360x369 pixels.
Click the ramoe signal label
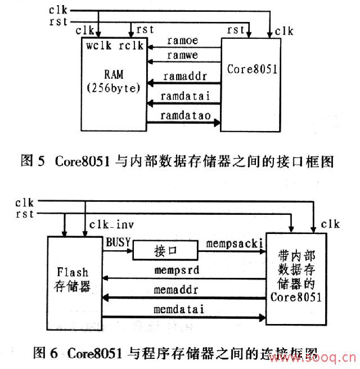181,41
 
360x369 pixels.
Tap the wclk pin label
97,44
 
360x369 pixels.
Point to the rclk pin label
131,44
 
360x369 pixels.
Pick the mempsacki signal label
231,244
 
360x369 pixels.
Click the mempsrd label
177,270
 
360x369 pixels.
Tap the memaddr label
175,290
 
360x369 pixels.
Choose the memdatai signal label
178,309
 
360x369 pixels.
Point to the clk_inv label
112,225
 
